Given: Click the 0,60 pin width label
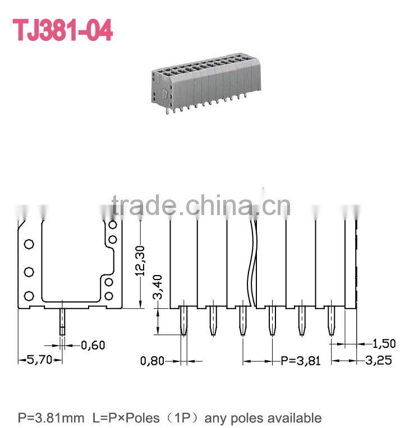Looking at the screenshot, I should tap(93, 345).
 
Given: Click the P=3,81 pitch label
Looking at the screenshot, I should tap(301, 360).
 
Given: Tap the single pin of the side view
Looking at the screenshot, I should tap(62, 322).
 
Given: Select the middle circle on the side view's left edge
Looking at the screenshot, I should tap(29, 272).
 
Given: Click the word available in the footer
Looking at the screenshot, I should tap(296, 418).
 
